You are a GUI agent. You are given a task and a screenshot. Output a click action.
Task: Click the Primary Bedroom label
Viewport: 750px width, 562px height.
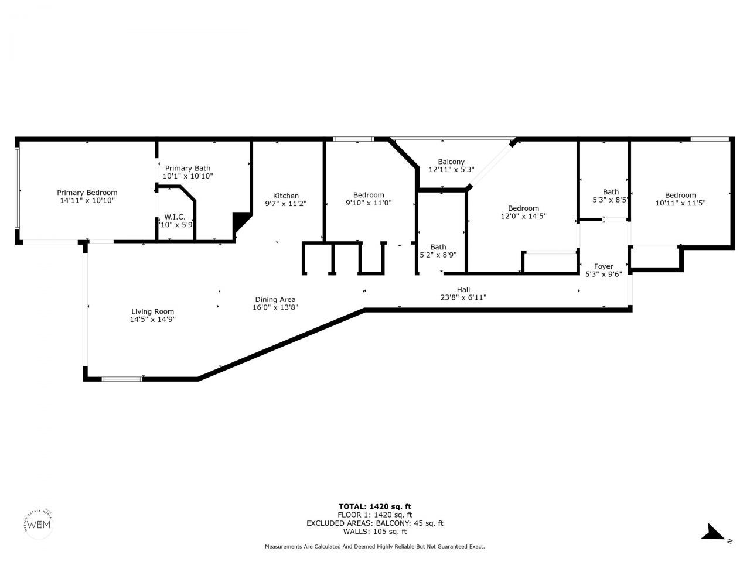click(87, 193)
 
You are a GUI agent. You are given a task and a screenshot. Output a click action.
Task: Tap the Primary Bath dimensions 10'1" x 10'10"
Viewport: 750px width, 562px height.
click(187, 176)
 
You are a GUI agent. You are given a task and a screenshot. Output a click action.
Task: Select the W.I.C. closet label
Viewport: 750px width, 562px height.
click(175, 217)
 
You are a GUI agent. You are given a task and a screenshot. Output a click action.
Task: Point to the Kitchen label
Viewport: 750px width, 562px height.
click(286, 196)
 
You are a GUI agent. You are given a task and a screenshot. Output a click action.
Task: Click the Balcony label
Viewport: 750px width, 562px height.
click(451, 162)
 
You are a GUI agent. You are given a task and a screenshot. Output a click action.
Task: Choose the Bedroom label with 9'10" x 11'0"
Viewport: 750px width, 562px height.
click(369, 195)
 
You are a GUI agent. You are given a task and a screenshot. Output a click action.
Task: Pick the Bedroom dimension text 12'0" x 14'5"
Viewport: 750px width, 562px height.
click(523, 216)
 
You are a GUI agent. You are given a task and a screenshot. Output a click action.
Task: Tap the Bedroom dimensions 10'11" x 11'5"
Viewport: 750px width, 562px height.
click(680, 203)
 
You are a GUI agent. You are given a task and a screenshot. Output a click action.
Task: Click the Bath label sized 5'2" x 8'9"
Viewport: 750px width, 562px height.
click(438, 247)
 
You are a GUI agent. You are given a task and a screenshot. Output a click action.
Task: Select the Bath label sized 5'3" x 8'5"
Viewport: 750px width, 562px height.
click(611, 192)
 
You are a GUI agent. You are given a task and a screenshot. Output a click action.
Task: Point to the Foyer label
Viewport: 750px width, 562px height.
click(604, 266)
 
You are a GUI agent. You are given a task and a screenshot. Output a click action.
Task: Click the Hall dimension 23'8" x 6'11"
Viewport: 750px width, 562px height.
click(463, 297)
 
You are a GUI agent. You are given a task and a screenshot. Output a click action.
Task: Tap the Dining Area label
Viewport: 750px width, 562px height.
click(274, 300)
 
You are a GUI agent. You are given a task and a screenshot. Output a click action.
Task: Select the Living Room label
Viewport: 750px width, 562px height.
click(152, 311)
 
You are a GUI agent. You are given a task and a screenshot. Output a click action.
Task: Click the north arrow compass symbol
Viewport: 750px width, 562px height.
click(715, 532)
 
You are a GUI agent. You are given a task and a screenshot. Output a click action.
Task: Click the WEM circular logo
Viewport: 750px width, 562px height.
click(40, 523)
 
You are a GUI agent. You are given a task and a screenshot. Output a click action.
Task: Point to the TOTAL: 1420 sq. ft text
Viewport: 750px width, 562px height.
click(375, 506)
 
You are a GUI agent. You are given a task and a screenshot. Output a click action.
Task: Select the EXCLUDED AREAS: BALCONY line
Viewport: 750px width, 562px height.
click(375, 523)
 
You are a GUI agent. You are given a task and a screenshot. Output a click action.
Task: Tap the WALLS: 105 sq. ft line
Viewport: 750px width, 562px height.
click(375, 532)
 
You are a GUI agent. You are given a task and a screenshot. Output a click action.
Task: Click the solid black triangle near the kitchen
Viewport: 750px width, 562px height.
click(240, 222)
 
